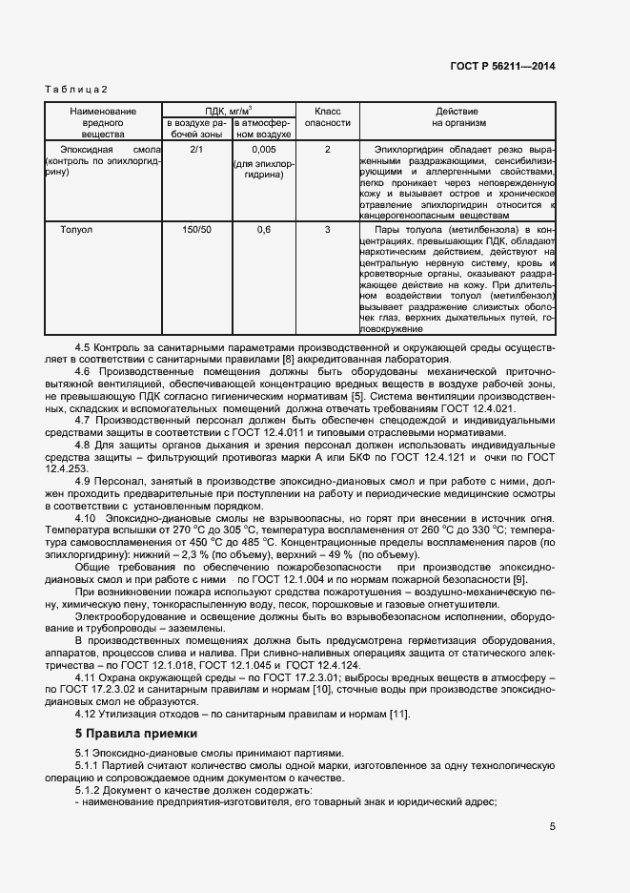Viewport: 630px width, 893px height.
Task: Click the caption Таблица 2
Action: [x=76, y=89]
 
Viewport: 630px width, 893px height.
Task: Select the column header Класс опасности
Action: [x=327, y=117]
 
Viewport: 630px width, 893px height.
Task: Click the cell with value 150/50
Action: [x=197, y=230]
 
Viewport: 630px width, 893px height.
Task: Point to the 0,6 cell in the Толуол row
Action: [x=264, y=230]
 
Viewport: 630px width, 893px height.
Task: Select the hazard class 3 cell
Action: [x=327, y=230]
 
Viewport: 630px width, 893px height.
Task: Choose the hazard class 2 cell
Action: [x=327, y=150]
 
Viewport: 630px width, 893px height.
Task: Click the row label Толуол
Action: [x=76, y=230]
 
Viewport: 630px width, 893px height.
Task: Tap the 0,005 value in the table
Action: [x=264, y=150]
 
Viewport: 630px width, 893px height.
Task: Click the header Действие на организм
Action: [x=458, y=117]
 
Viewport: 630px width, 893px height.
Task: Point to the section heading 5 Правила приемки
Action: [x=135, y=734]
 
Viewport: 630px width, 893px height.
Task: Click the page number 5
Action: [x=552, y=827]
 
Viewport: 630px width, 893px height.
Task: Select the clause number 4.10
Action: [x=86, y=516]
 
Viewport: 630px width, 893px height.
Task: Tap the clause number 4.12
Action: [x=86, y=715]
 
